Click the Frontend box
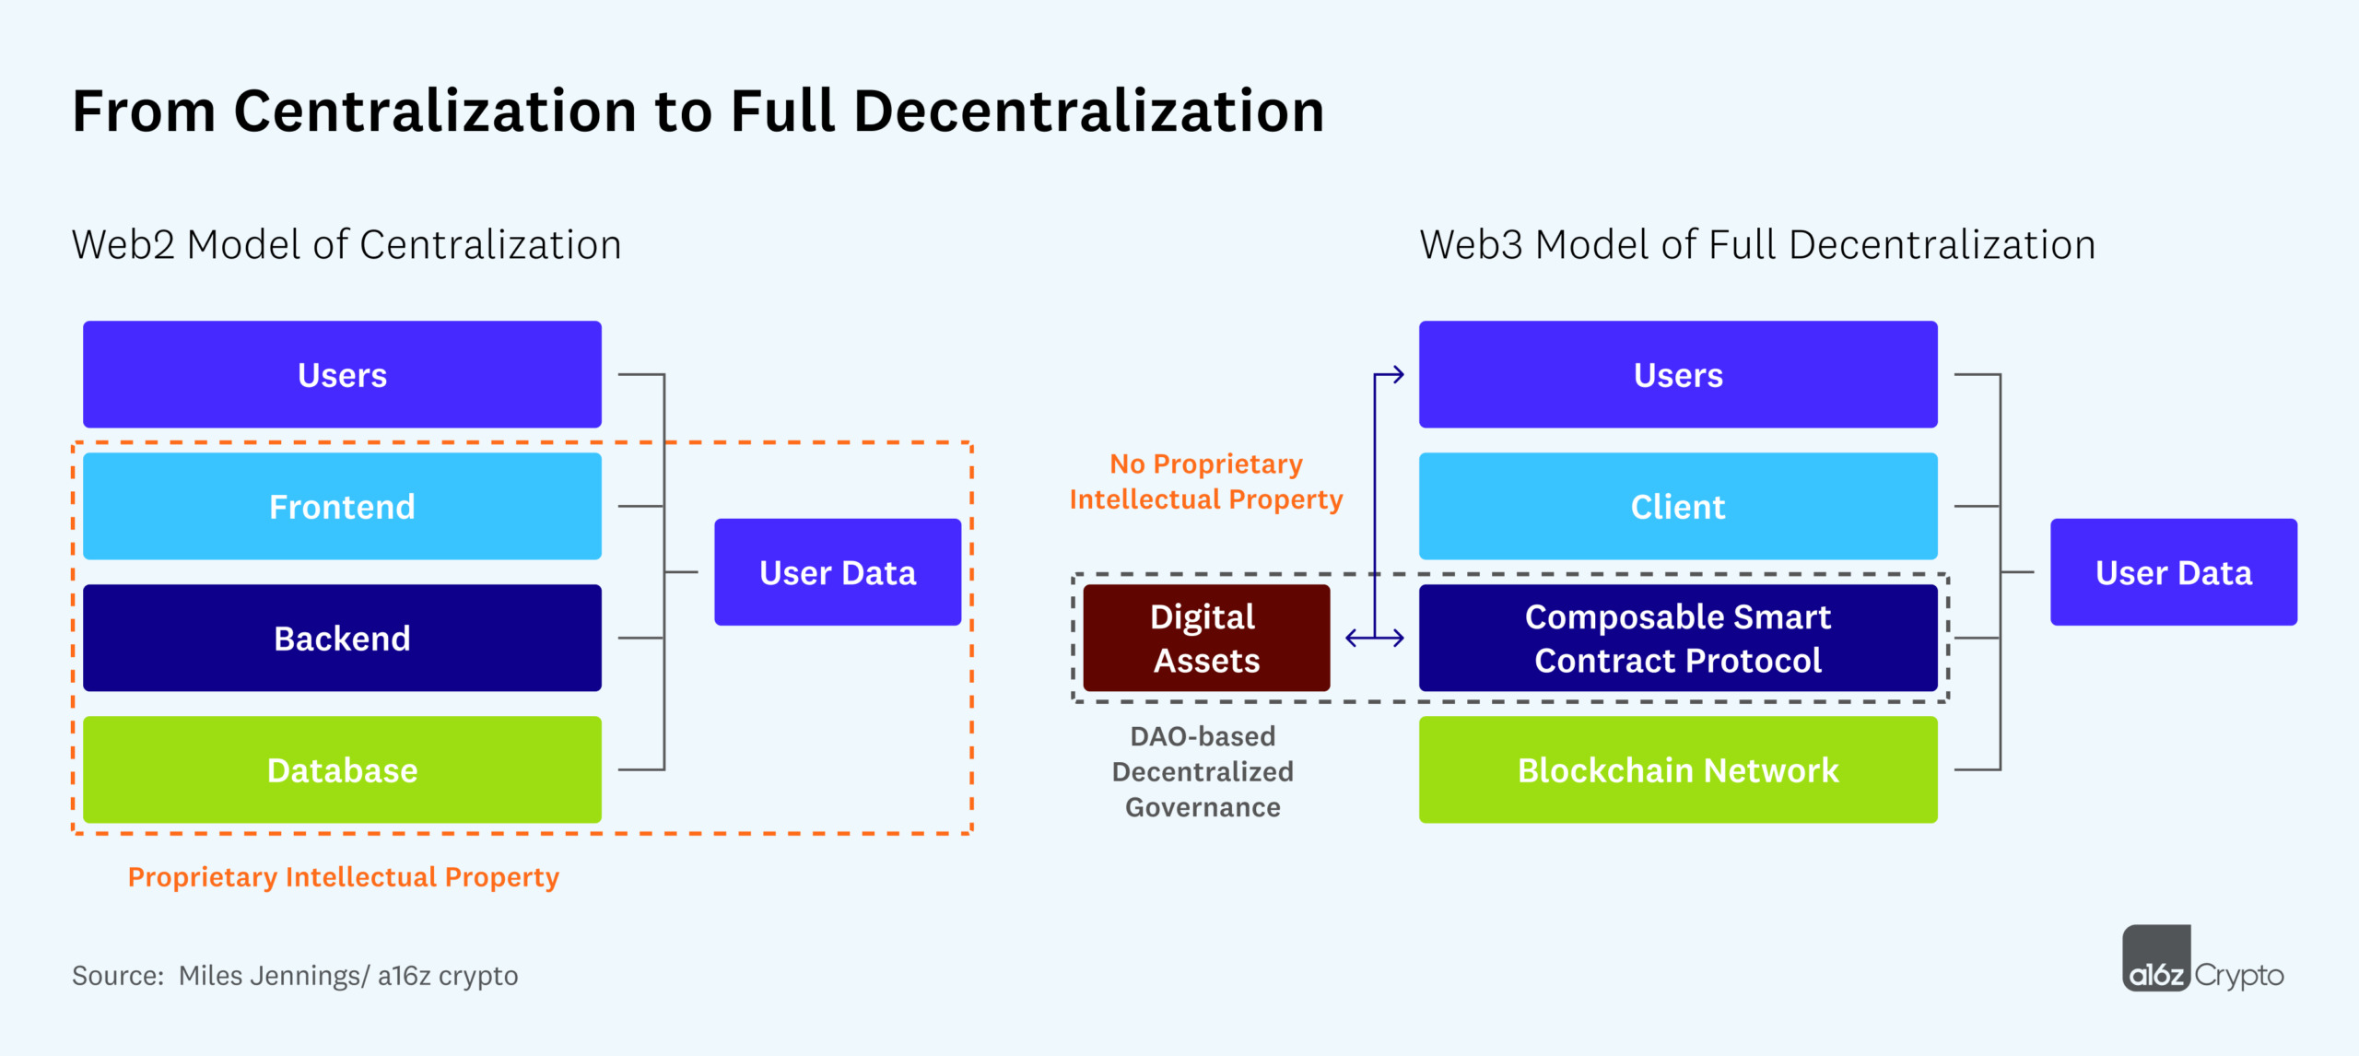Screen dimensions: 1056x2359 tap(342, 506)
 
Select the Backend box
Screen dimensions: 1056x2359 tap(342, 638)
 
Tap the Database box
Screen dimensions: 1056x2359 tap(342, 769)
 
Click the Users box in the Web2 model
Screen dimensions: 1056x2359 tap(342, 374)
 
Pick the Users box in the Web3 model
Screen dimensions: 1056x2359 tap(1678, 374)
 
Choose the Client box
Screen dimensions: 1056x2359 tap(1678, 506)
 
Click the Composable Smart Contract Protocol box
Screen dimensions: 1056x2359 tap(1678, 638)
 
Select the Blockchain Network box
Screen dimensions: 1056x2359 tap(1678, 769)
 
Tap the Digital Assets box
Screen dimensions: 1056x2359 tap(1206, 638)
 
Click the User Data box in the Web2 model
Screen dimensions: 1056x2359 tap(838, 572)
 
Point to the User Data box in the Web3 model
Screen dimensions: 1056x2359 tap(2174, 572)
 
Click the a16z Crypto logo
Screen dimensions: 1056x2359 tap(2202, 961)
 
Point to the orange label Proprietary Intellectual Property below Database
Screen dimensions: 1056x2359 tap(343, 877)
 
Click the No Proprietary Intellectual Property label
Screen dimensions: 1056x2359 tap(1206, 481)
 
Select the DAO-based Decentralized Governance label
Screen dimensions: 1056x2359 tap(1203, 771)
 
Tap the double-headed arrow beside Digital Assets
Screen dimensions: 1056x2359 tap(1374, 638)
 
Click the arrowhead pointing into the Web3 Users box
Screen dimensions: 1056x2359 tap(1398, 374)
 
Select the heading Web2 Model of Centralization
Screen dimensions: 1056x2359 tap(346, 245)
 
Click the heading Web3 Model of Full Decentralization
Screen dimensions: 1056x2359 tap(1757, 245)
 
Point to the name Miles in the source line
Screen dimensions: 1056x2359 tap(208, 976)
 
